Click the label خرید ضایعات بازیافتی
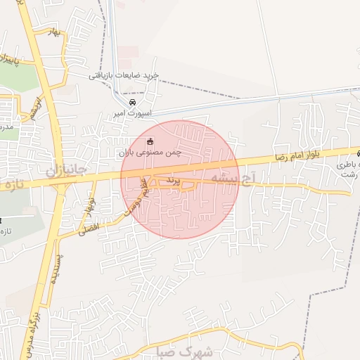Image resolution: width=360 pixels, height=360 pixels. (124, 75)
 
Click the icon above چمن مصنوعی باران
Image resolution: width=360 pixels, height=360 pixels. (149, 141)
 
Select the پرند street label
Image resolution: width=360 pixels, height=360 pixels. (173, 181)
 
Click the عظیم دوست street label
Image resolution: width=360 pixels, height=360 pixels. (139, 198)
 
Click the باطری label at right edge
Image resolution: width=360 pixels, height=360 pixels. (346, 164)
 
